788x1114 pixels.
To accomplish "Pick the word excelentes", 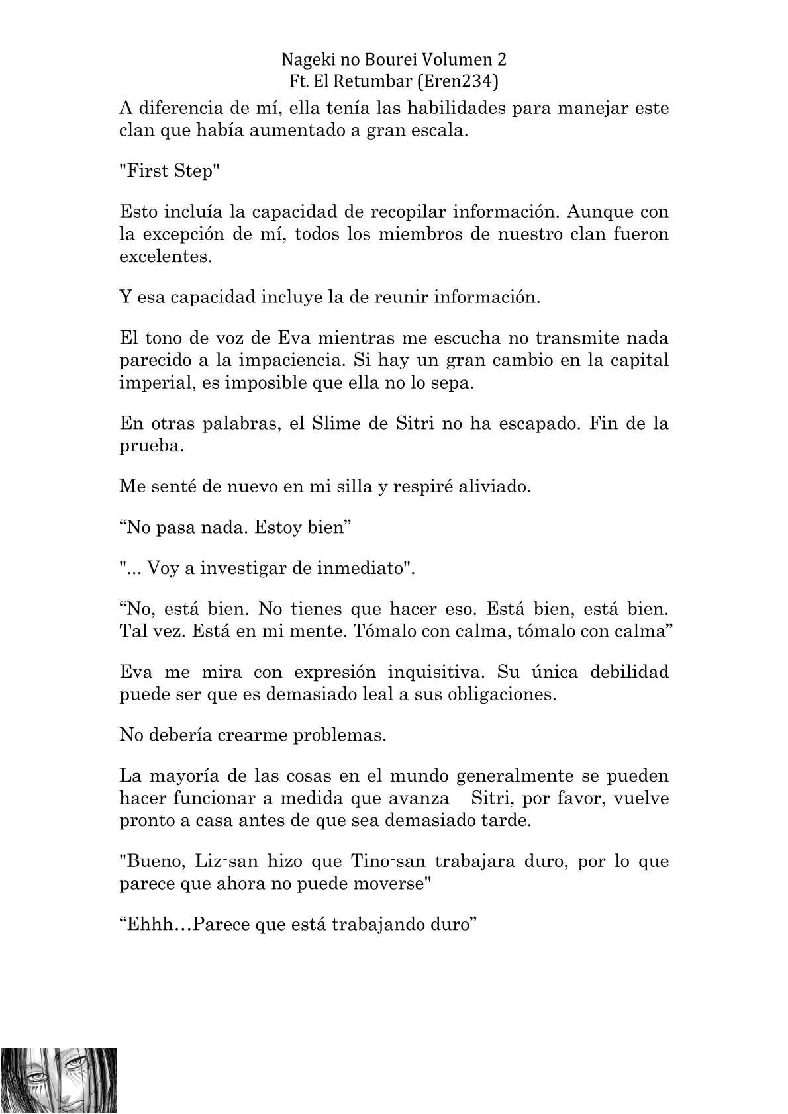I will pos(166,257).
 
